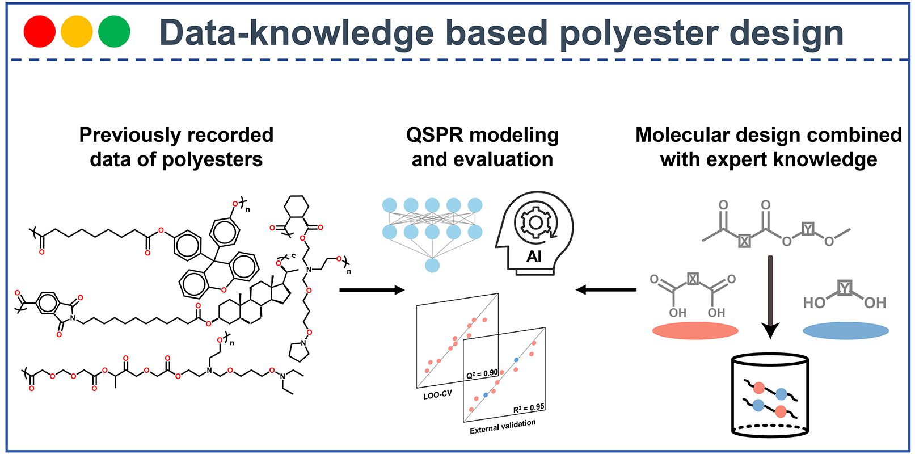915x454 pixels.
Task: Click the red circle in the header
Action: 39,31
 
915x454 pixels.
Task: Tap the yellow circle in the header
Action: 77,31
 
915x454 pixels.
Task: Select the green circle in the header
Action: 114,31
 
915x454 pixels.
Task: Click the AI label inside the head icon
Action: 534,257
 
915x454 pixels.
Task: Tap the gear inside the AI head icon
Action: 534,222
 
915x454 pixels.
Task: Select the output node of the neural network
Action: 432,265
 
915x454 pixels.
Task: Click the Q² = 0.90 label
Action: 482,374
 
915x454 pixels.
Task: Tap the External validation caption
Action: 503,426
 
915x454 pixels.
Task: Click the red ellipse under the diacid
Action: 695,330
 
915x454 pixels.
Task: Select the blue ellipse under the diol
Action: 846,330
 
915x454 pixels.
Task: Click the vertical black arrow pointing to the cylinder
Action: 770,295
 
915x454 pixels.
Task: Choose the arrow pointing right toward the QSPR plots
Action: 372,290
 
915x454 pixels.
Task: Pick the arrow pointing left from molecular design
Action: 606,290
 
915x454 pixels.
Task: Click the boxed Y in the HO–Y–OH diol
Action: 845,288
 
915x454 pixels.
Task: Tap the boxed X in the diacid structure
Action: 693,279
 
